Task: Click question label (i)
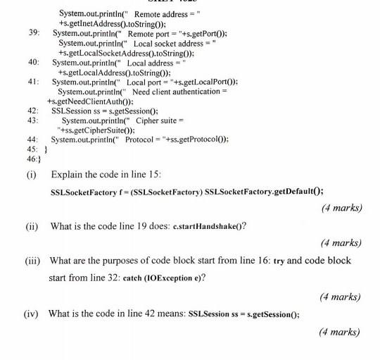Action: coord(30,174)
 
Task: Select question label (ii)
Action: coord(31,226)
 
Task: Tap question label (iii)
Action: coord(32,261)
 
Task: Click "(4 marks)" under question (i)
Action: coord(341,208)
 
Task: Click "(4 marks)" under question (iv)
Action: coord(341,331)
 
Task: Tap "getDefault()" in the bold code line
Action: coord(291,191)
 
